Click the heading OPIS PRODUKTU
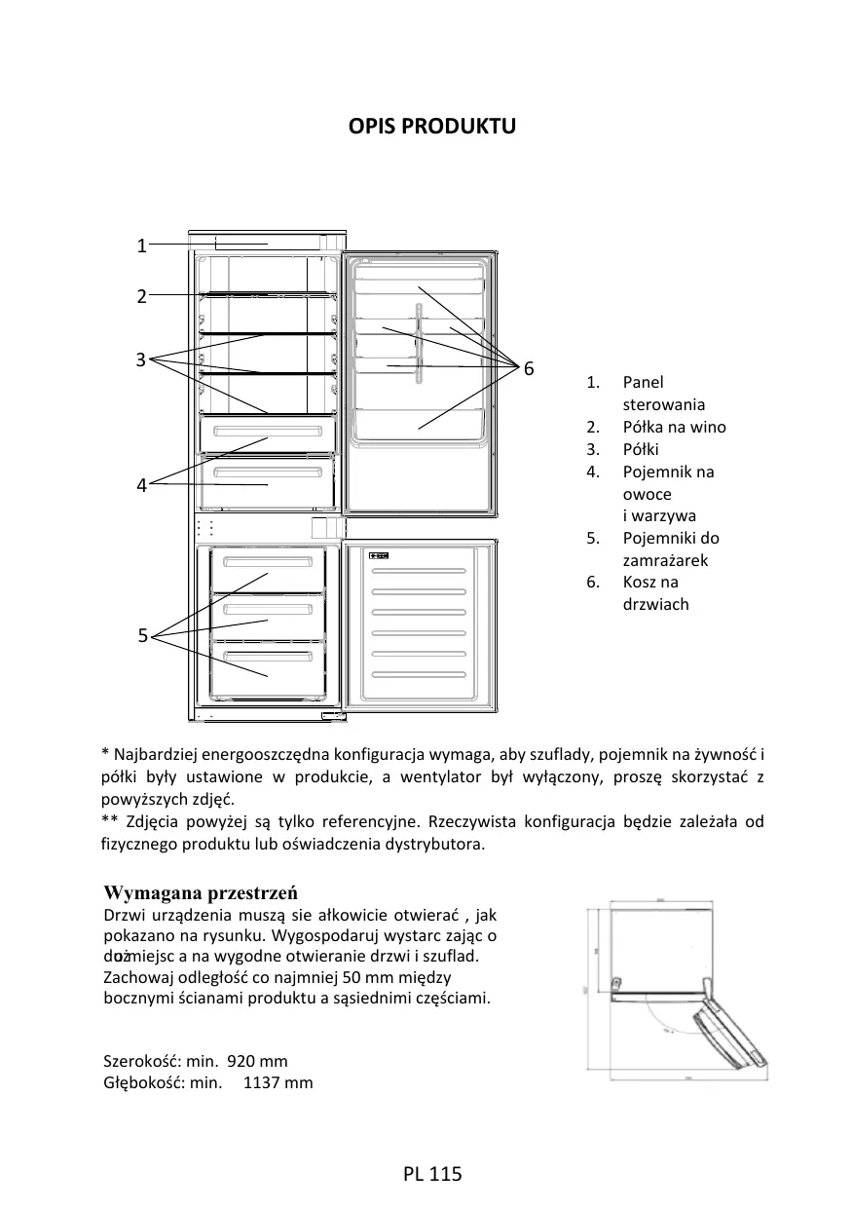click(432, 127)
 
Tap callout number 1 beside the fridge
click(141, 246)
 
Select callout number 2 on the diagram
click(141, 296)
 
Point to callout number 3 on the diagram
click(141, 359)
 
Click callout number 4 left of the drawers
click(141, 485)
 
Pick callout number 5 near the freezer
click(142, 636)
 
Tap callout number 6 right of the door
click(528, 368)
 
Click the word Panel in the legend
click(643, 383)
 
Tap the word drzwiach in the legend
click(655, 604)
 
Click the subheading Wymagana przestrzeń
click(201, 893)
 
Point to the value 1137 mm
click(278, 1082)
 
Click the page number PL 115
click(431, 1174)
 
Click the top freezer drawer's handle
click(268, 563)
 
